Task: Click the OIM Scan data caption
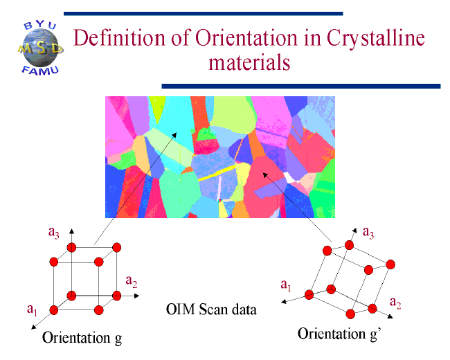(211, 309)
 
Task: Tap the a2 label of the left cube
(132, 280)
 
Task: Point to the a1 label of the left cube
(32, 309)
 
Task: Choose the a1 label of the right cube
(285, 284)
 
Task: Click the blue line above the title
(205, 13)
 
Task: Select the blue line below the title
(300, 86)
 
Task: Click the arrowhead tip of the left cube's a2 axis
(140, 296)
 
